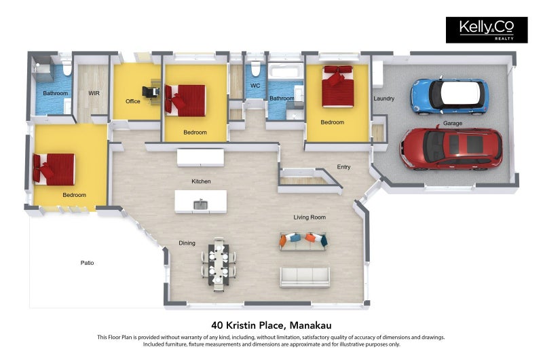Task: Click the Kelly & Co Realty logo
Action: pos(487,30)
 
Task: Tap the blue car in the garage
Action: pos(449,96)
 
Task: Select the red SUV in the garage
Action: pos(451,148)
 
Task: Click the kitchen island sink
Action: pos(200,204)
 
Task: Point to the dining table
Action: pos(219,264)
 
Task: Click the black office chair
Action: pos(151,92)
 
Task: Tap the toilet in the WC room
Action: pos(256,69)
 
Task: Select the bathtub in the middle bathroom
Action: pos(286,72)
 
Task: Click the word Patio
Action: pos(87,263)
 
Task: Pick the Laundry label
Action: pos(383,98)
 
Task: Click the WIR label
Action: pos(94,93)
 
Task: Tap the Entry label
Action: pos(343,167)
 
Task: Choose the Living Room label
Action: pos(310,217)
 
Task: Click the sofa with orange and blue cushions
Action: pos(303,241)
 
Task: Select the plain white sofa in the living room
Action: pos(305,277)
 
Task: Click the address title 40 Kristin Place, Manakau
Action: pos(271,325)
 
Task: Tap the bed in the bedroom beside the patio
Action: pos(54,169)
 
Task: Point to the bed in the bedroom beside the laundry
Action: pos(337,86)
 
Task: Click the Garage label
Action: pos(453,123)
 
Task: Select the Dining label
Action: pos(187,243)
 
